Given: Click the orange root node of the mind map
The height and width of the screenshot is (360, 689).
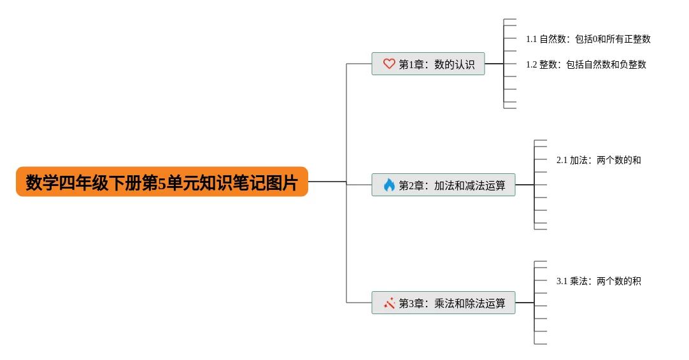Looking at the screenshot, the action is [x=162, y=182].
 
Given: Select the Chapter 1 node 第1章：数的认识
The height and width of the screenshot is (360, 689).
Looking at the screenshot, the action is [x=428, y=64].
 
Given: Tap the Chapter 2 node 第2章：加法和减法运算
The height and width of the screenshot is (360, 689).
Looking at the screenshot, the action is [x=443, y=185].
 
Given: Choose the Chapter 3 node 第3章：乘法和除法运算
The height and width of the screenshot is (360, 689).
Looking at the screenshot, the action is [x=443, y=303].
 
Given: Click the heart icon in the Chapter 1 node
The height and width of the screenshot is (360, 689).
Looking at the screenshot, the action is [x=389, y=64].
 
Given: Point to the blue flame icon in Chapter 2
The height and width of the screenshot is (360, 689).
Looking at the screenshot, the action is [x=389, y=185].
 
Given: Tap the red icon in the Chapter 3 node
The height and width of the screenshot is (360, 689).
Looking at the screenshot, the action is [x=389, y=303].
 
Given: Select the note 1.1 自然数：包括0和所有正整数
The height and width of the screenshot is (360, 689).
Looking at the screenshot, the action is [x=588, y=39].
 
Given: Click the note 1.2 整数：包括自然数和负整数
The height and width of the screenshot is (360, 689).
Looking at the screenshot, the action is [x=586, y=64].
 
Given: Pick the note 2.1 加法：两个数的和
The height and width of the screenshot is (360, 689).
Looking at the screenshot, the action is [x=599, y=160].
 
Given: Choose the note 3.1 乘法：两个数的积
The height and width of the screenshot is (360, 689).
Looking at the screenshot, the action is [x=599, y=281].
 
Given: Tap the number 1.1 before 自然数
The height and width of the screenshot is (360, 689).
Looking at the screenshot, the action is [x=532, y=39].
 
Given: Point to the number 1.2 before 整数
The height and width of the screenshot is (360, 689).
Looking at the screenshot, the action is [x=532, y=64].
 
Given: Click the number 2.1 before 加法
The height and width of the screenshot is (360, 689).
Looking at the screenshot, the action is [x=562, y=160].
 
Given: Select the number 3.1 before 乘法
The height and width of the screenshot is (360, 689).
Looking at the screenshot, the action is [x=562, y=281].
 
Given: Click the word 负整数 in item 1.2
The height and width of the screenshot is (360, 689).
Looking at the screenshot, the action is [x=633, y=64].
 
